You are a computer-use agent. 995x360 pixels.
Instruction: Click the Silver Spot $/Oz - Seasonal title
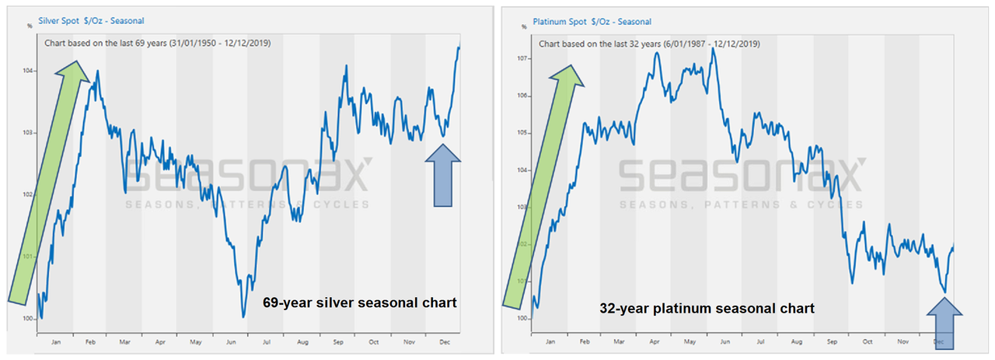click(91, 20)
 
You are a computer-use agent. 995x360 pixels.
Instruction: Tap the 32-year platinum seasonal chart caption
click(707, 309)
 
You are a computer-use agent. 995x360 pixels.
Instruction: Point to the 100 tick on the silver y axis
click(29, 319)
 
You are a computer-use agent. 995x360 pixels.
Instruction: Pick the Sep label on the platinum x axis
click(832, 341)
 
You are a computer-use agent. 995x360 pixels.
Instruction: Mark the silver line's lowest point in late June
click(243, 316)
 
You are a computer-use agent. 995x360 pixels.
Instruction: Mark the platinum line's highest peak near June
click(713, 49)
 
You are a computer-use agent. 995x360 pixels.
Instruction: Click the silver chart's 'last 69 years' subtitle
click(157, 44)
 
